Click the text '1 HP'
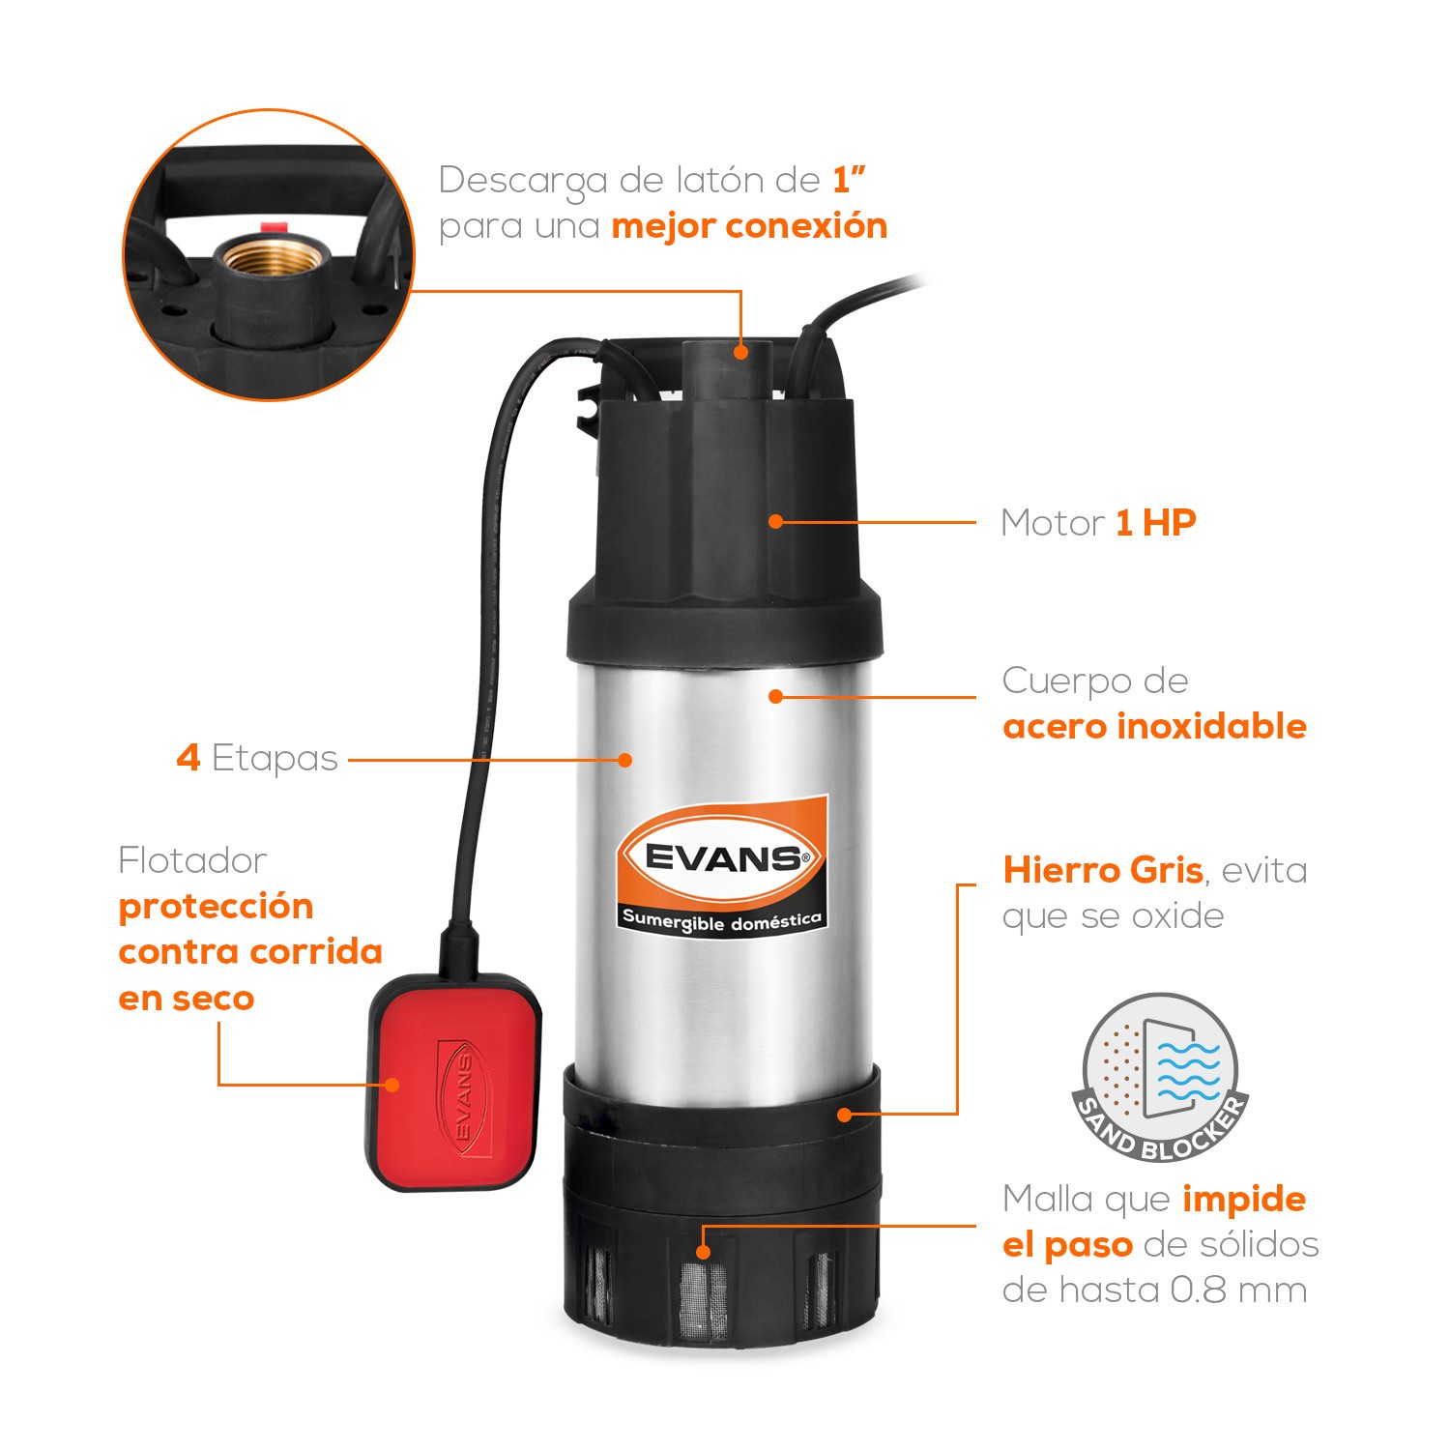[1156, 523]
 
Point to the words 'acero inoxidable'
[1154, 726]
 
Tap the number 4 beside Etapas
[188, 758]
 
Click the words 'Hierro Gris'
[1103, 870]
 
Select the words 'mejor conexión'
[749, 226]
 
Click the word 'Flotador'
[192, 860]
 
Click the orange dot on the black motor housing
[775, 522]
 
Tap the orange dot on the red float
[392, 1085]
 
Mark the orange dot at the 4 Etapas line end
[625, 760]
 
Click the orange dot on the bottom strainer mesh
[704, 1252]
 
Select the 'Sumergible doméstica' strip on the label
[722, 920]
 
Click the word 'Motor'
[1052, 523]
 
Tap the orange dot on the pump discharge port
[740, 352]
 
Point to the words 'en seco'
[187, 998]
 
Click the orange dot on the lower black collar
[844, 1115]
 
